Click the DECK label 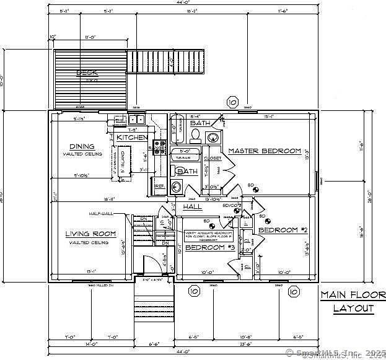pyautogui.click(x=87, y=73)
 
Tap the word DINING pyautogui.click(x=82, y=147)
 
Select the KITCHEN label pyautogui.click(x=132, y=137)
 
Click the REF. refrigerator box pyautogui.click(x=159, y=186)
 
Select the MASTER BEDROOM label pyautogui.click(x=265, y=151)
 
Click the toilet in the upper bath pyautogui.click(x=195, y=135)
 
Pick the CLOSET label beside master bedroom pyautogui.click(x=213, y=159)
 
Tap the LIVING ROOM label pyautogui.click(x=91, y=234)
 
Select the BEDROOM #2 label pyautogui.click(x=283, y=230)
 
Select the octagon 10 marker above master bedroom pyautogui.click(x=232, y=102)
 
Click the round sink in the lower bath pyautogui.click(x=176, y=186)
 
